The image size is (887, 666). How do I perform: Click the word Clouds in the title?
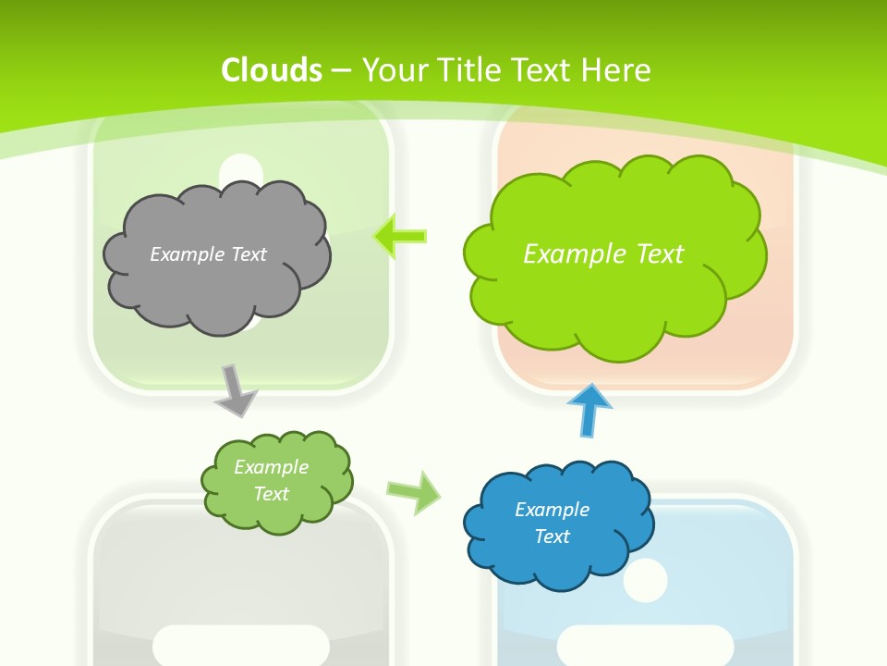pyautogui.click(x=272, y=70)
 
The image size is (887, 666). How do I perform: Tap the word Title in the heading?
pyautogui.click(x=471, y=70)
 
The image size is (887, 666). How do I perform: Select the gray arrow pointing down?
pyautogui.click(x=236, y=390)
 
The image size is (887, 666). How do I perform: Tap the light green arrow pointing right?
pyautogui.click(x=413, y=491)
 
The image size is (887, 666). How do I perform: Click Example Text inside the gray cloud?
pyautogui.click(x=208, y=254)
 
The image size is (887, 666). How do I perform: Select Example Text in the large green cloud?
pyautogui.click(x=603, y=253)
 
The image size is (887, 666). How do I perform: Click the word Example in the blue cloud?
pyautogui.click(x=552, y=510)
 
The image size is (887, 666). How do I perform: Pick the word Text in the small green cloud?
pyautogui.click(x=272, y=494)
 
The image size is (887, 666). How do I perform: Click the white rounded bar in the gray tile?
pyautogui.click(x=240, y=645)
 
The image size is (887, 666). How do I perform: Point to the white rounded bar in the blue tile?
pyautogui.click(x=645, y=645)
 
